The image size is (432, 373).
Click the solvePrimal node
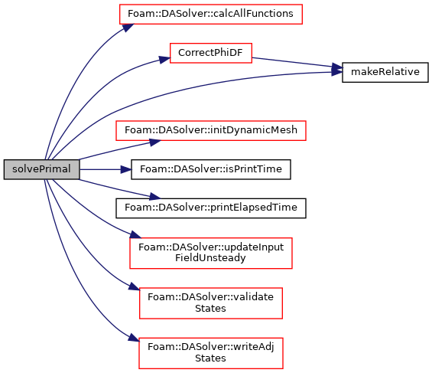[x=41, y=169]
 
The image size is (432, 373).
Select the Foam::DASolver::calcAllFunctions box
[x=211, y=14]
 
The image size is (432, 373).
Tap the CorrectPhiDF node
[x=211, y=53]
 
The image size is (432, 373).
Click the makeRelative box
[x=385, y=72]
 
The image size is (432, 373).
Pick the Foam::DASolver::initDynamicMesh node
[x=211, y=130]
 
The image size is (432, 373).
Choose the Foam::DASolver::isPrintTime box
[x=211, y=169]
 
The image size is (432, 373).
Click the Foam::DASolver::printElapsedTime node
[x=211, y=208]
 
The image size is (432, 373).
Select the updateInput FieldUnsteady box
[x=211, y=253]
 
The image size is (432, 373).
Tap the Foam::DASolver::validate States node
[x=211, y=303]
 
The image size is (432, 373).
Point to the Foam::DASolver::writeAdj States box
[x=211, y=353]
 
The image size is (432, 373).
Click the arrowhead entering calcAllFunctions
[x=128, y=28]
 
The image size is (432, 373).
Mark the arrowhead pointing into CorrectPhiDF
[x=164, y=59]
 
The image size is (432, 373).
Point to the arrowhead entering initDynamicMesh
[x=155, y=142]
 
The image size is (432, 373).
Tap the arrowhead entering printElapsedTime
[x=155, y=197]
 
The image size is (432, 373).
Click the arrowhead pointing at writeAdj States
[x=134, y=338]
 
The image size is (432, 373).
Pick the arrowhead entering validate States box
[x=135, y=286]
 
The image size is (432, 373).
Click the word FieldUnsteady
[x=210, y=258]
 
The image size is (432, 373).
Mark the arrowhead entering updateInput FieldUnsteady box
[x=135, y=235]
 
